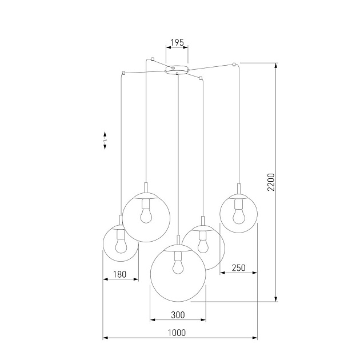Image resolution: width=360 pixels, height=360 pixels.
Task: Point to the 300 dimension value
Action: tap(178, 315)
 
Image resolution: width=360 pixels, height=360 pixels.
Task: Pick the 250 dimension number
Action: tap(238, 267)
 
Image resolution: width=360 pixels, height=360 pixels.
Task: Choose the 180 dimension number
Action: tap(120, 274)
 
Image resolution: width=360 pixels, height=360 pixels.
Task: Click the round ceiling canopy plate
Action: tap(177, 69)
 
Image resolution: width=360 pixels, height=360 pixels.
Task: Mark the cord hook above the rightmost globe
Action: tap(234, 62)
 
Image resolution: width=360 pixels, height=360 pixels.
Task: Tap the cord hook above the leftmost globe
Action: tap(123, 73)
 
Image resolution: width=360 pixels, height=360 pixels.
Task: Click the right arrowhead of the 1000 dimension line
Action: tap(251, 339)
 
